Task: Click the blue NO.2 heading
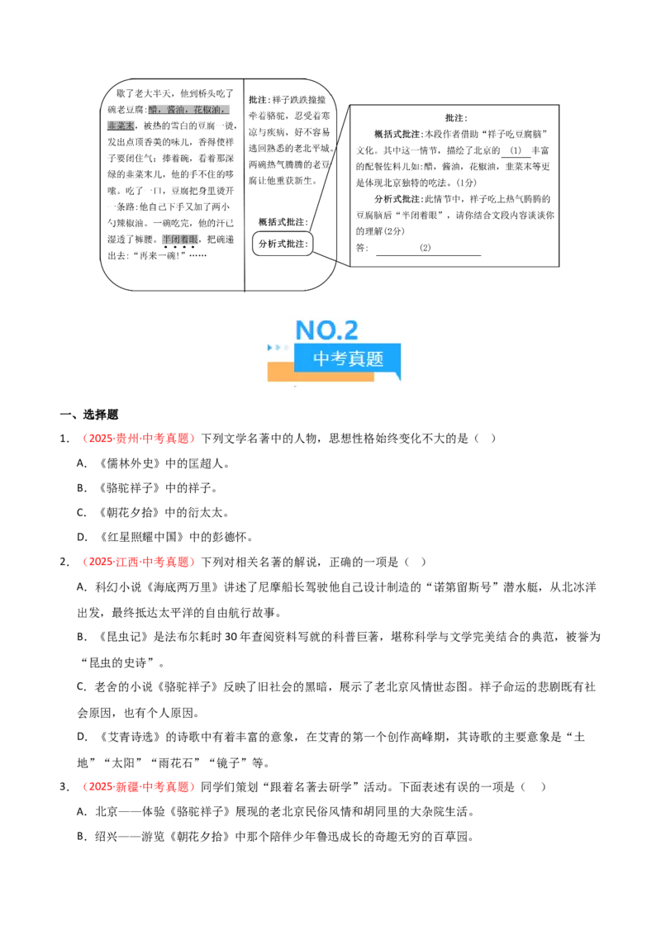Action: [326, 330]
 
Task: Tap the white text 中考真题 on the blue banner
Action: [348, 358]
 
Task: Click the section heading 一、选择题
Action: [89, 415]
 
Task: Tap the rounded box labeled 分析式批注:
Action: [283, 244]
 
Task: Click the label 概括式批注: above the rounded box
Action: [283, 222]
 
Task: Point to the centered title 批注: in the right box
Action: [456, 118]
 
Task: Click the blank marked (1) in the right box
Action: [516, 151]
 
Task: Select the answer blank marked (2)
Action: [428, 249]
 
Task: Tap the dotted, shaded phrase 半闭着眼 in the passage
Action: [180, 240]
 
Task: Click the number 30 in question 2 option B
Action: [231, 637]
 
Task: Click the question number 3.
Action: [64, 786]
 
